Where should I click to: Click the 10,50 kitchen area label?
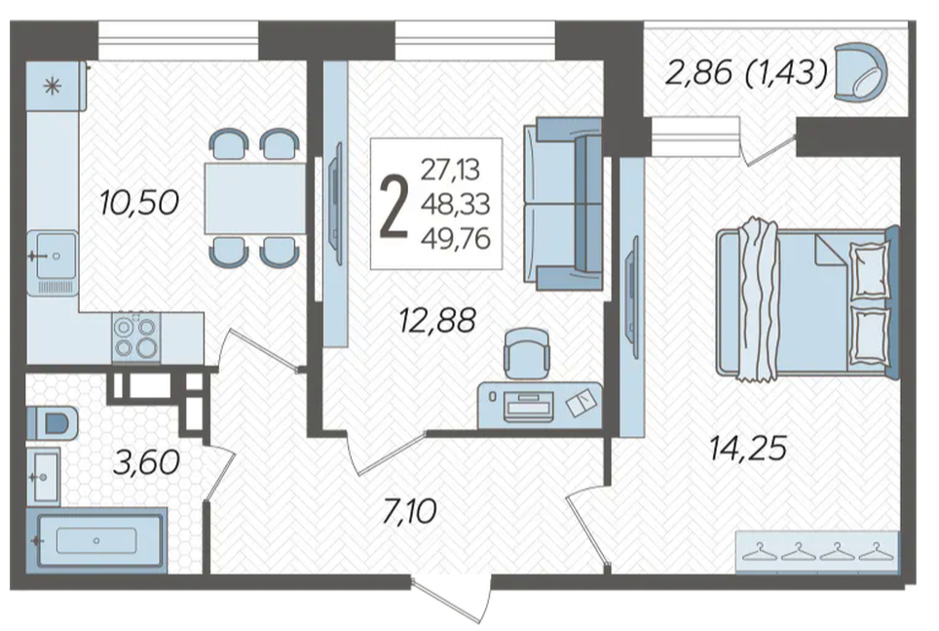139,202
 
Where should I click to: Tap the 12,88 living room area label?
437,320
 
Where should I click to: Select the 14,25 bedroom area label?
748,449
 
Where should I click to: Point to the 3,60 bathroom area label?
147,462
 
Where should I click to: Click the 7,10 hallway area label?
410,512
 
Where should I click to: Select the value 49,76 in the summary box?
456,239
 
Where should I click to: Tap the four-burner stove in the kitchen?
136,336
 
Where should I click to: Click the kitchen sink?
53,262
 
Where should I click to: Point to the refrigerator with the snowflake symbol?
55,87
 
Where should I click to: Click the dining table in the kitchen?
255,198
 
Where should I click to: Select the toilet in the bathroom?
52,423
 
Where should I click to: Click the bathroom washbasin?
44,476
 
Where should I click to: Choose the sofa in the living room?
562,203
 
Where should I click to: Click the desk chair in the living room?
526,353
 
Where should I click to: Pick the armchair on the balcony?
860,71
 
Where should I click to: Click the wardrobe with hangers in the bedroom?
817,552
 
